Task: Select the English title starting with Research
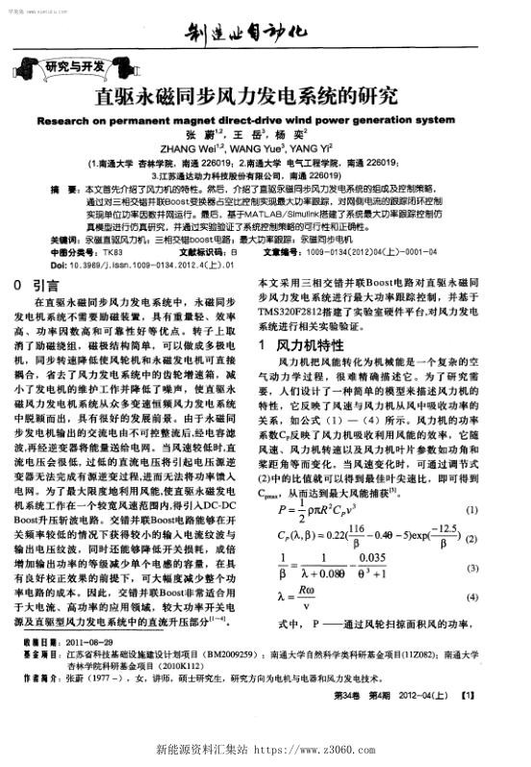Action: click(x=265, y=121)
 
